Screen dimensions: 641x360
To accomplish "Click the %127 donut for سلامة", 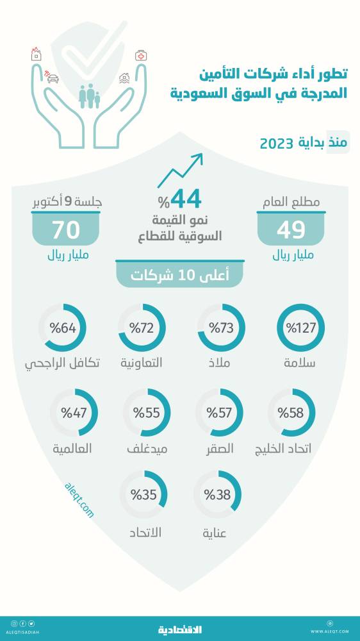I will [x=300, y=328].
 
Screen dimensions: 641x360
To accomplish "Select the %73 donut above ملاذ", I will [x=221, y=328].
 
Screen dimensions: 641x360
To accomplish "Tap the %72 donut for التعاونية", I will [x=142, y=328].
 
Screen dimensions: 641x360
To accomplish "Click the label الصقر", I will [x=219, y=448].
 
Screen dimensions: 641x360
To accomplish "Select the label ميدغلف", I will [x=146, y=448].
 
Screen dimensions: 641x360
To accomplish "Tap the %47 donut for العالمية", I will [x=74, y=412].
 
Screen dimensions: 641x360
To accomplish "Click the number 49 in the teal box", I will [x=291, y=230].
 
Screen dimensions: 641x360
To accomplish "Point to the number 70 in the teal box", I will [x=66, y=230].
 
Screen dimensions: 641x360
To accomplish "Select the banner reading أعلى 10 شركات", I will [x=179, y=276].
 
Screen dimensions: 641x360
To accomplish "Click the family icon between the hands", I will [x=89, y=96].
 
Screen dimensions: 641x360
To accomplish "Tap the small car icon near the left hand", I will [x=53, y=79].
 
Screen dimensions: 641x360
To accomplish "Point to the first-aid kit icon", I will [x=140, y=56].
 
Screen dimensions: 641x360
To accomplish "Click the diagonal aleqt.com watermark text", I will [x=79, y=501].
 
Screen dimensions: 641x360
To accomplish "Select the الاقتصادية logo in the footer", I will [x=180, y=629].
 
